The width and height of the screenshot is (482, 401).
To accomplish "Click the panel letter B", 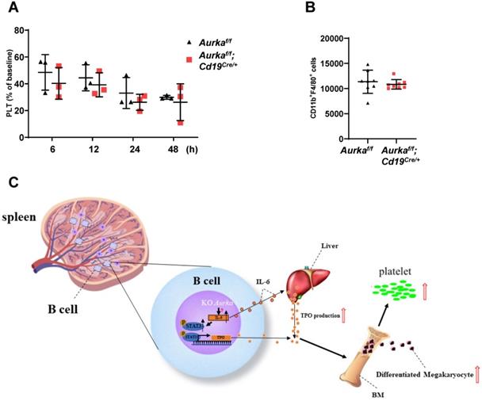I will pos(311,9).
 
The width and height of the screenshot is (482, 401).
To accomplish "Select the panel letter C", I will pos(12,183).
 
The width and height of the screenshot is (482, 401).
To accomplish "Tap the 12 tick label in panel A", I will pos(94,148).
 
